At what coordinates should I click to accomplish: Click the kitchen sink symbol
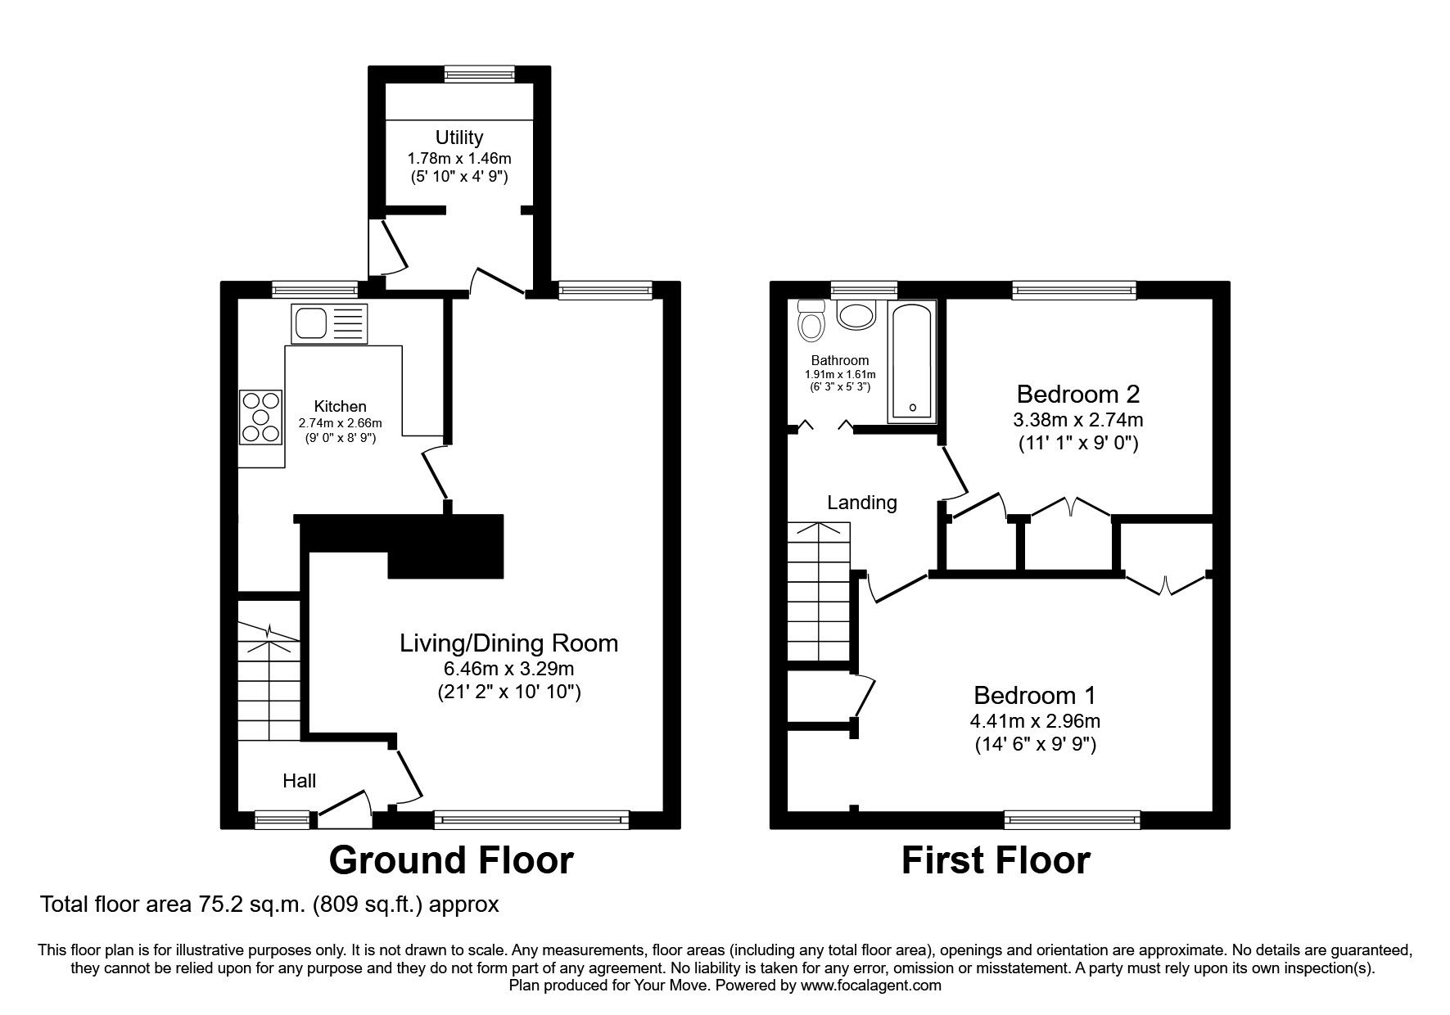(x=329, y=324)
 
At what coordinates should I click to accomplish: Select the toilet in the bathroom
(x=811, y=321)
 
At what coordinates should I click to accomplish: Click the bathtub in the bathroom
(x=911, y=363)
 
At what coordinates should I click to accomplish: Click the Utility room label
(x=458, y=138)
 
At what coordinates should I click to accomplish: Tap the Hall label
(x=299, y=781)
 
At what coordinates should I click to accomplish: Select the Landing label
(x=861, y=503)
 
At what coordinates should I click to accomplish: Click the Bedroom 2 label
(x=1077, y=395)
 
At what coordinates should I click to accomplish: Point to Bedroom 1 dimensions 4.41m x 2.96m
(x=1035, y=722)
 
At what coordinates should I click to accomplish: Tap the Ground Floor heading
(x=450, y=861)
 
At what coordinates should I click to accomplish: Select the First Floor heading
(x=996, y=861)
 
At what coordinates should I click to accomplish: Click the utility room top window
(x=480, y=74)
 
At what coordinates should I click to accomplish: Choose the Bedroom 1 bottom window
(x=1072, y=818)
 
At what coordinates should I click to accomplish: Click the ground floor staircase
(x=269, y=671)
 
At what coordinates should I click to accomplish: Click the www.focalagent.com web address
(x=870, y=986)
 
